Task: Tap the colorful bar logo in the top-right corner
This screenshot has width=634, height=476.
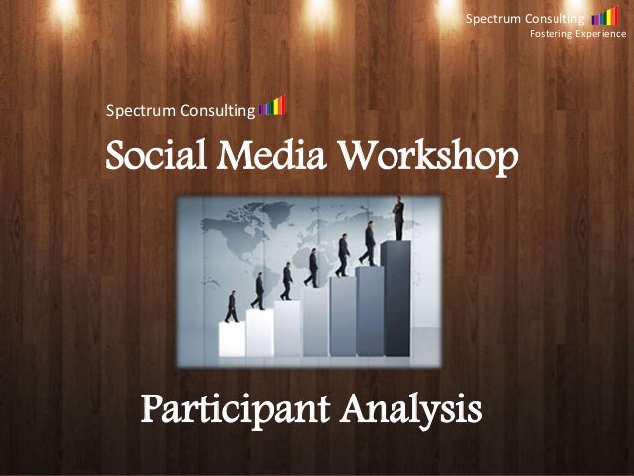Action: (604, 17)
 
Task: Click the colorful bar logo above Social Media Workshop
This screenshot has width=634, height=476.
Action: (272, 106)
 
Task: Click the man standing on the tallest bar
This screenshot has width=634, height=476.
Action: (398, 219)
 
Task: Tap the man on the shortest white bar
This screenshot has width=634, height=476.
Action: (232, 306)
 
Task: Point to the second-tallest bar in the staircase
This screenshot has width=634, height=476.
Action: (369, 308)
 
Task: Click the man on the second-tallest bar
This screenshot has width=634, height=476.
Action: (369, 241)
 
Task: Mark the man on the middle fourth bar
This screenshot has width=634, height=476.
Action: (314, 267)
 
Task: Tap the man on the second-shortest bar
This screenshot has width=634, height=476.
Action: (258, 290)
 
